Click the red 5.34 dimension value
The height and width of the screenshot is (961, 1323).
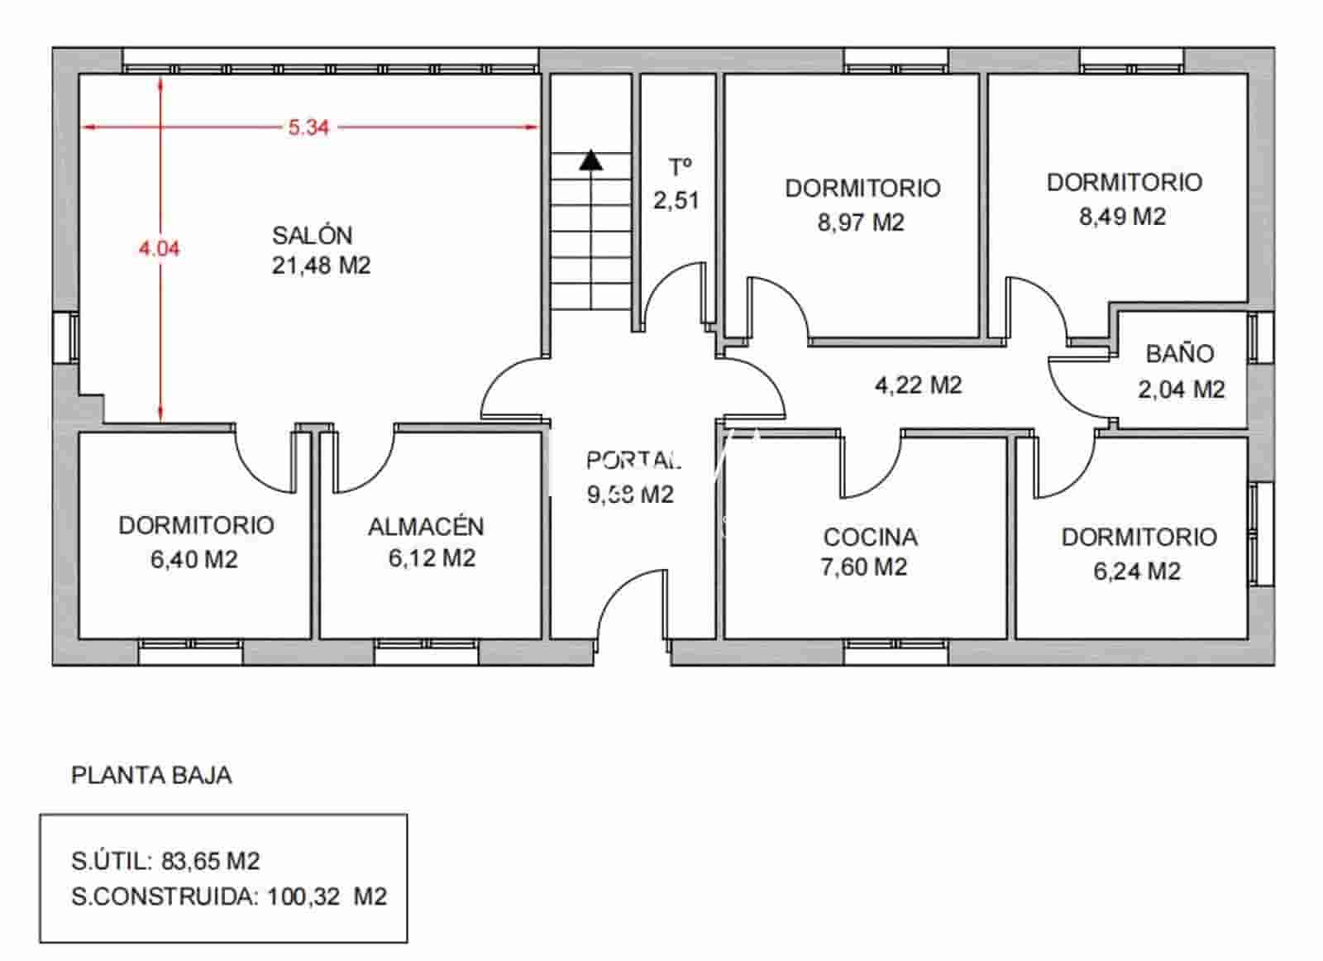pyautogui.click(x=308, y=127)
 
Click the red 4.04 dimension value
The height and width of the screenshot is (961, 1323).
pyautogui.click(x=159, y=248)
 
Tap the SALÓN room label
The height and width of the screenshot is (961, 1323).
pyautogui.click(x=313, y=235)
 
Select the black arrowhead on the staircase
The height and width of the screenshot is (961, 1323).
pyautogui.click(x=590, y=160)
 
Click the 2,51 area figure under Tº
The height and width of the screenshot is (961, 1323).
pyautogui.click(x=676, y=200)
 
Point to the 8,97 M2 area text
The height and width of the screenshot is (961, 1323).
pyautogui.click(x=861, y=222)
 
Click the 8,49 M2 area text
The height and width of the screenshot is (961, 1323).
pyautogui.click(x=1122, y=217)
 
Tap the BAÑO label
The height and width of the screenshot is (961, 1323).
pyautogui.click(x=1180, y=354)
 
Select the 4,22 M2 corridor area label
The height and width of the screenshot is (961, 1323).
pyautogui.click(x=918, y=385)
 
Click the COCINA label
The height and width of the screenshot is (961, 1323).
pyautogui.click(x=870, y=537)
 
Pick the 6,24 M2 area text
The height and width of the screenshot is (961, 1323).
pyautogui.click(x=1137, y=571)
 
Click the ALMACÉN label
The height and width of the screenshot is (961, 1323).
pyautogui.click(x=426, y=527)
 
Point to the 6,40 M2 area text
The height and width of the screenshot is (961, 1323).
pyautogui.click(x=194, y=560)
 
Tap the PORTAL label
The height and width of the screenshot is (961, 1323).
pyautogui.click(x=633, y=460)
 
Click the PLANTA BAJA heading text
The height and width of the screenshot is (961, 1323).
pyautogui.click(x=151, y=776)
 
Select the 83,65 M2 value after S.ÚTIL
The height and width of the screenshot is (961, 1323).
pyautogui.click(x=211, y=862)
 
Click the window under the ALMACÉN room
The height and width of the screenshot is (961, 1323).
pyautogui.click(x=427, y=653)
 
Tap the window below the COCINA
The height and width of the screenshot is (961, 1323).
pyautogui.click(x=896, y=653)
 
